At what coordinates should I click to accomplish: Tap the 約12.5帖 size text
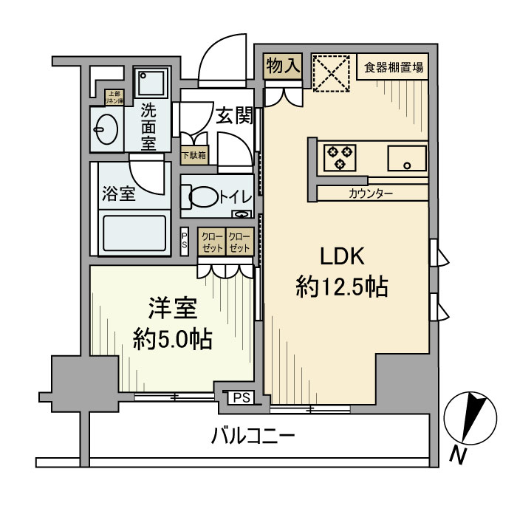coord(342,287)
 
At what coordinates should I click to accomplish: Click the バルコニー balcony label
coord(253,436)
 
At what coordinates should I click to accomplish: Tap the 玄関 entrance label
coord(235,115)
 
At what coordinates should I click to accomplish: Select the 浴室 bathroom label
coord(118,195)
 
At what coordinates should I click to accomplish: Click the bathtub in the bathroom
coord(133,233)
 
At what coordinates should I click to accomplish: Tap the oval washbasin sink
coord(104,131)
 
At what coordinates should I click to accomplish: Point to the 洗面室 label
coord(149,126)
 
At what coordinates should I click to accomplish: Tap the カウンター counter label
coord(371,194)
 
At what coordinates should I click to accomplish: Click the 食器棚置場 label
coord(393,69)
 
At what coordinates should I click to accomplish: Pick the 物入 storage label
coord(283,66)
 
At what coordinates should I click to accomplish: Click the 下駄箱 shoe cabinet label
coord(195,155)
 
